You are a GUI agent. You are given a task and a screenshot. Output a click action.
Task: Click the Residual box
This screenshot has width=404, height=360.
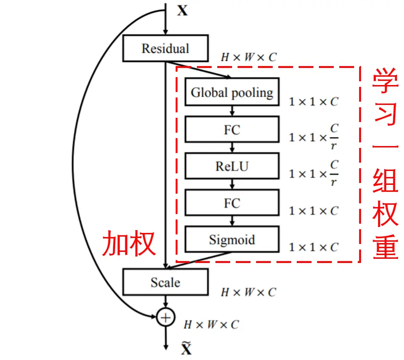(x=165, y=49)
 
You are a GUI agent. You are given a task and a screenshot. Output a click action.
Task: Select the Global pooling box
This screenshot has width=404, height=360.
(x=232, y=92)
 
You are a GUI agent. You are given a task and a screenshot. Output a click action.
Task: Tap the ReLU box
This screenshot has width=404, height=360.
(x=232, y=166)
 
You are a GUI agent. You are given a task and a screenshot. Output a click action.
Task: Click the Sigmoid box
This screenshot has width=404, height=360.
(x=232, y=239)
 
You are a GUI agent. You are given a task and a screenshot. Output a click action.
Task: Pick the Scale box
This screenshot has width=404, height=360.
(x=165, y=282)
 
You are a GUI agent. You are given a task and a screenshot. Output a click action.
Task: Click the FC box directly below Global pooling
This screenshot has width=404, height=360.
(x=232, y=129)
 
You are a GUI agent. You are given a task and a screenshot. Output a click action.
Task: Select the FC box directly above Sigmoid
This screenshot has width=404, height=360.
(x=232, y=203)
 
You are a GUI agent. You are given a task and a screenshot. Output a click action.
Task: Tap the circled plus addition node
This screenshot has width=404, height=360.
(x=165, y=317)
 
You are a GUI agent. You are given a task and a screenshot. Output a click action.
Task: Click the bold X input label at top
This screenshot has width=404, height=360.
(x=183, y=11)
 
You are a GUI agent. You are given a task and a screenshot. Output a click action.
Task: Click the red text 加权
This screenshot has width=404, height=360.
(x=129, y=244)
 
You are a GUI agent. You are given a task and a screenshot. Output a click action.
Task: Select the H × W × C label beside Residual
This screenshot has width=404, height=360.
(x=248, y=57)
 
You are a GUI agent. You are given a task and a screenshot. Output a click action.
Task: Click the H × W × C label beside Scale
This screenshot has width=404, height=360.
(x=248, y=292)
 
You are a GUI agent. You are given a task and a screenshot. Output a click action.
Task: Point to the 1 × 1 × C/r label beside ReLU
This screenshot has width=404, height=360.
(x=313, y=174)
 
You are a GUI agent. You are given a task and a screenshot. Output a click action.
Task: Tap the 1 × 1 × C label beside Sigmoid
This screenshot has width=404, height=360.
(x=313, y=247)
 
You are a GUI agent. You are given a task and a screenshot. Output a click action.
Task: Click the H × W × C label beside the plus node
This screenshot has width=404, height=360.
(x=211, y=324)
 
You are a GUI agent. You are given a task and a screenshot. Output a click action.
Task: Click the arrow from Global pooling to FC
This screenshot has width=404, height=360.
(x=232, y=111)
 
